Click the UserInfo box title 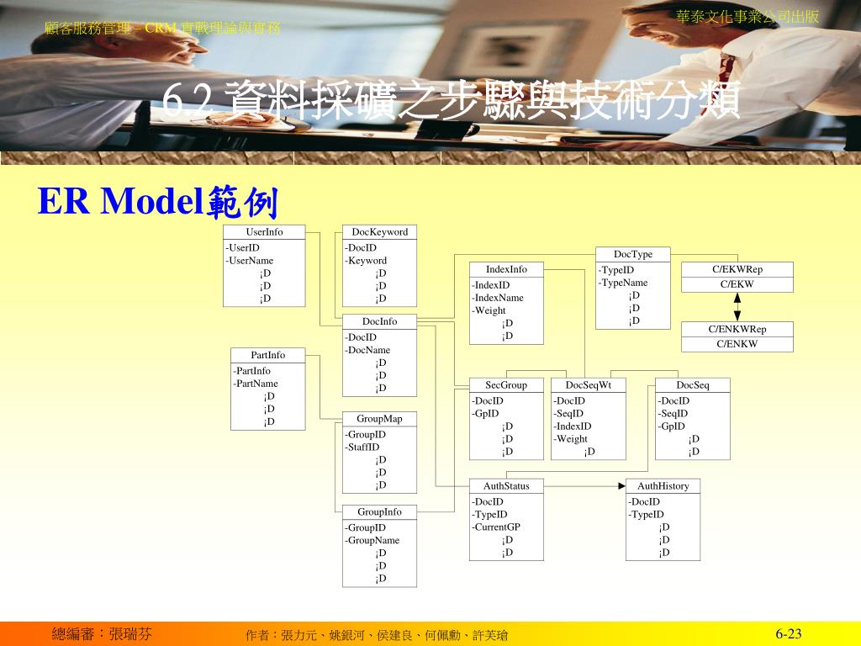click(x=264, y=232)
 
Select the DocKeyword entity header click(x=379, y=232)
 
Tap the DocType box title click(x=632, y=254)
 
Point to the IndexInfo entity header click(x=506, y=269)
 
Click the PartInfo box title click(x=267, y=355)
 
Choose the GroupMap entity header click(x=379, y=419)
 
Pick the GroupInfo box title click(x=379, y=511)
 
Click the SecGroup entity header click(x=506, y=385)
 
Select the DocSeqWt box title click(x=588, y=385)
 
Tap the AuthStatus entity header click(x=506, y=486)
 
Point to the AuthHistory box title click(x=663, y=486)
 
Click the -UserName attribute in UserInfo click(x=250, y=261)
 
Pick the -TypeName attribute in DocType click(x=623, y=283)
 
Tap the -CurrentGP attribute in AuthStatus click(x=496, y=527)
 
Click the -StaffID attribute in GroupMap click(x=362, y=447)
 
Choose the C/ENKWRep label click(x=737, y=329)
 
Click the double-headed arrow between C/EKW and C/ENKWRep click(x=737, y=307)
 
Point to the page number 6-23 click(x=789, y=634)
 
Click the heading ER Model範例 click(x=157, y=203)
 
